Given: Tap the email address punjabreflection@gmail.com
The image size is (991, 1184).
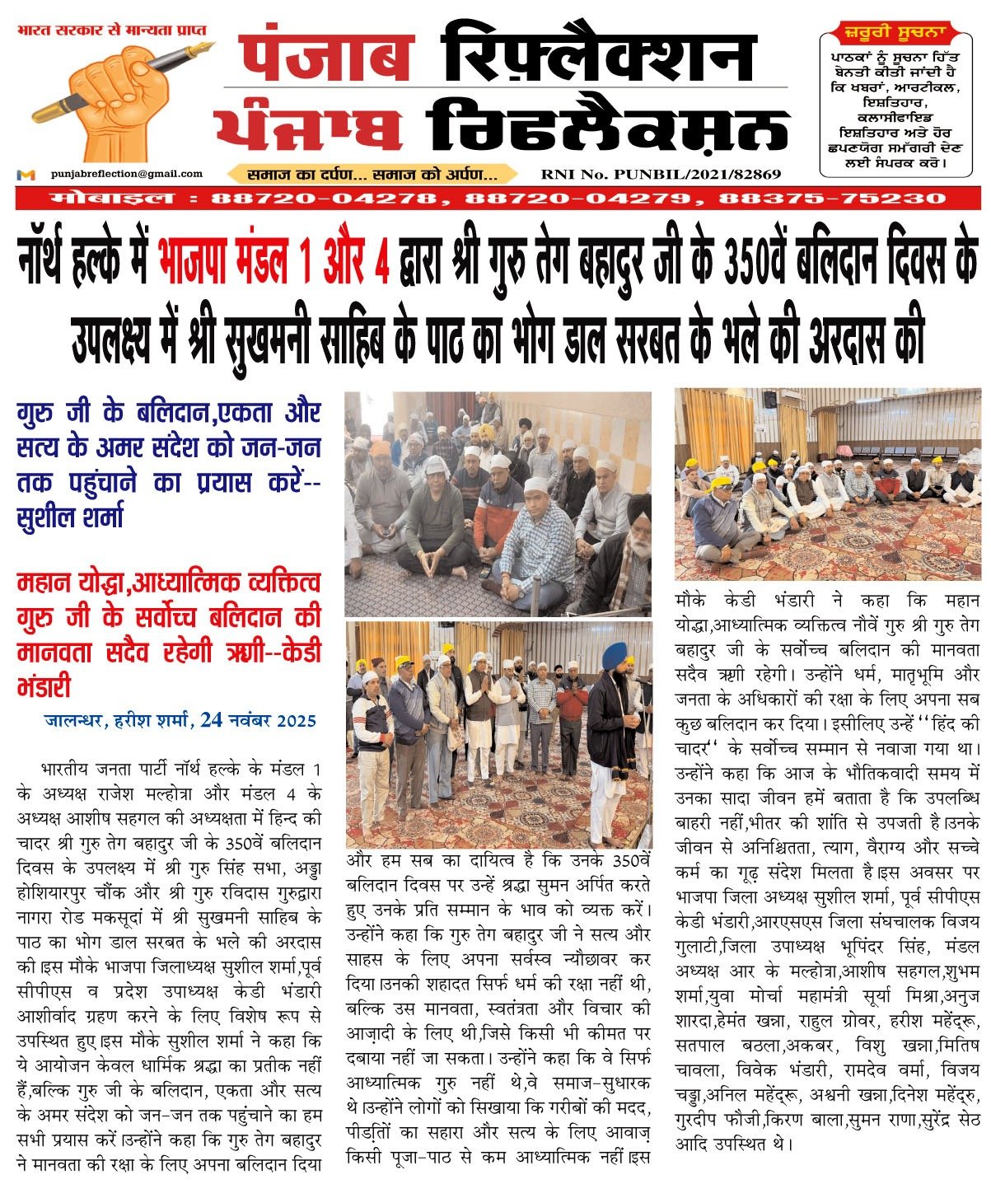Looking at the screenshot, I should point(126,174).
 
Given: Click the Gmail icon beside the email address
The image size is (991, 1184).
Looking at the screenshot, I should point(26,175).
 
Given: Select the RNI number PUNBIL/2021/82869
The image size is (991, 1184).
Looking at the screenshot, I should point(661,175).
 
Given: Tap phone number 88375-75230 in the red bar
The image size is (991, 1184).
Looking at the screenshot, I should point(832,199).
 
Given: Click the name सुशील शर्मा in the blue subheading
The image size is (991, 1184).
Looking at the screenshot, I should point(69,518).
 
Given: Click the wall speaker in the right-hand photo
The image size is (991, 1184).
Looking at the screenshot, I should point(770,400).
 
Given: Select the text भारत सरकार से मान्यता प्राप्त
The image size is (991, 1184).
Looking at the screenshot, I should point(112,30).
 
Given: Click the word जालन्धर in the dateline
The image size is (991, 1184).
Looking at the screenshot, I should point(74,721).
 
